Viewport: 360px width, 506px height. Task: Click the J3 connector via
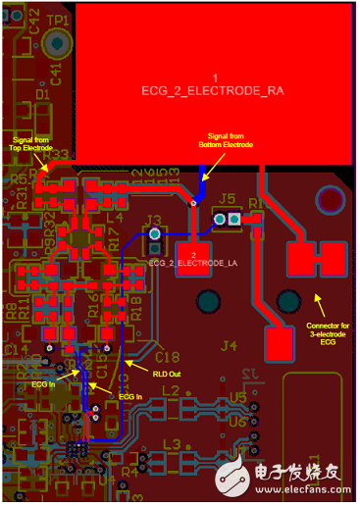(154, 235)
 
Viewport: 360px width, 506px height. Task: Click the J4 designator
(229, 345)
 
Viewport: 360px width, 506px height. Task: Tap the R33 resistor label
(56, 155)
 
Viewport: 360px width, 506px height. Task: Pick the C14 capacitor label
(14, 349)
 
